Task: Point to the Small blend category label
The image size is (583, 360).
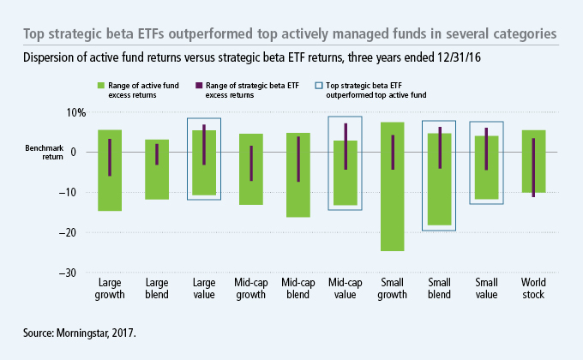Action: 439,288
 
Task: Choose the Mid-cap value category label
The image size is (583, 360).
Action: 345,288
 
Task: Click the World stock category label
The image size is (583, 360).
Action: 533,288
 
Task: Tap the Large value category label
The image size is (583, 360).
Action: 203,288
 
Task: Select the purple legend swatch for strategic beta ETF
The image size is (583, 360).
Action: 198,86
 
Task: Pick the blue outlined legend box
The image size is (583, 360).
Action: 320,86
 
